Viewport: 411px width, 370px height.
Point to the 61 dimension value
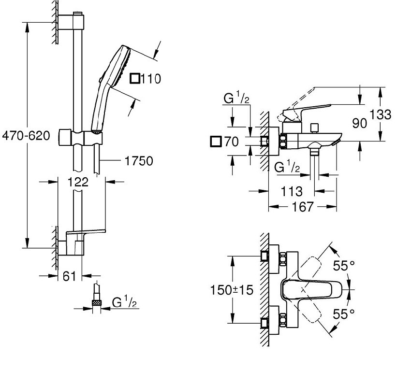(x=70, y=276)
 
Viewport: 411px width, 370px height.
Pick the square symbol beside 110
(x=136, y=78)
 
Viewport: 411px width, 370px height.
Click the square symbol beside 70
(x=216, y=142)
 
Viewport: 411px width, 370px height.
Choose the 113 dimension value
(x=292, y=191)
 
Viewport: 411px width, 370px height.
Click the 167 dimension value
(x=303, y=207)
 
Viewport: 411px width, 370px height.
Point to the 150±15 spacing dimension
(x=232, y=290)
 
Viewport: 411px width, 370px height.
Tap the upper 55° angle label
(x=344, y=265)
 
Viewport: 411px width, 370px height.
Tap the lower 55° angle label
(x=344, y=314)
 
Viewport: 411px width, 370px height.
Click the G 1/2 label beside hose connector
(x=125, y=302)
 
